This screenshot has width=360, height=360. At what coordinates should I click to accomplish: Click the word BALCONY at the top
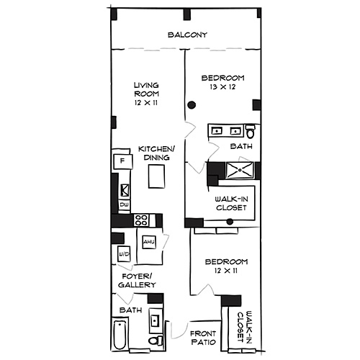[x=187, y=35]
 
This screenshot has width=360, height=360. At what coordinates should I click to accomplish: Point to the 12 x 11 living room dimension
[x=146, y=103]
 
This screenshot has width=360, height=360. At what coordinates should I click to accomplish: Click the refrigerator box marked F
[x=122, y=160]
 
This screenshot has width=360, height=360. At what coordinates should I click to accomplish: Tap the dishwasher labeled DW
[x=124, y=205]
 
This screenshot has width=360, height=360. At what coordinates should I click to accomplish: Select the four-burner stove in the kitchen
[x=142, y=220]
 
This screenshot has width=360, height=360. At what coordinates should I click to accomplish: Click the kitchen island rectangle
[x=157, y=176]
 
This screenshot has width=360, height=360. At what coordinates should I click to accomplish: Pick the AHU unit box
[x=149, y=242]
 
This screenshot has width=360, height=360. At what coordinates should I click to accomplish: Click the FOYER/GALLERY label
[x=137, y=281]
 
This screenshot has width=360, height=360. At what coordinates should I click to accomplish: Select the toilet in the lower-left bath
[x=155, y=340]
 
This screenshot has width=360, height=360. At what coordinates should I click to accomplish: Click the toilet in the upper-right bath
[x=250, y=132]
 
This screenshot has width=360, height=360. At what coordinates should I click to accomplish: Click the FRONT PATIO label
[x=204, y=338]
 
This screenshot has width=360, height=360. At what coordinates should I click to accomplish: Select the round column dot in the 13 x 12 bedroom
[x=192, y=106]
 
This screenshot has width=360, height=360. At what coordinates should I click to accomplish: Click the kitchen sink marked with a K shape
[x=124, y=190]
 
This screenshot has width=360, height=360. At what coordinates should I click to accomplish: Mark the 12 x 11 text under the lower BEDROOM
[x=226, y=271]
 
